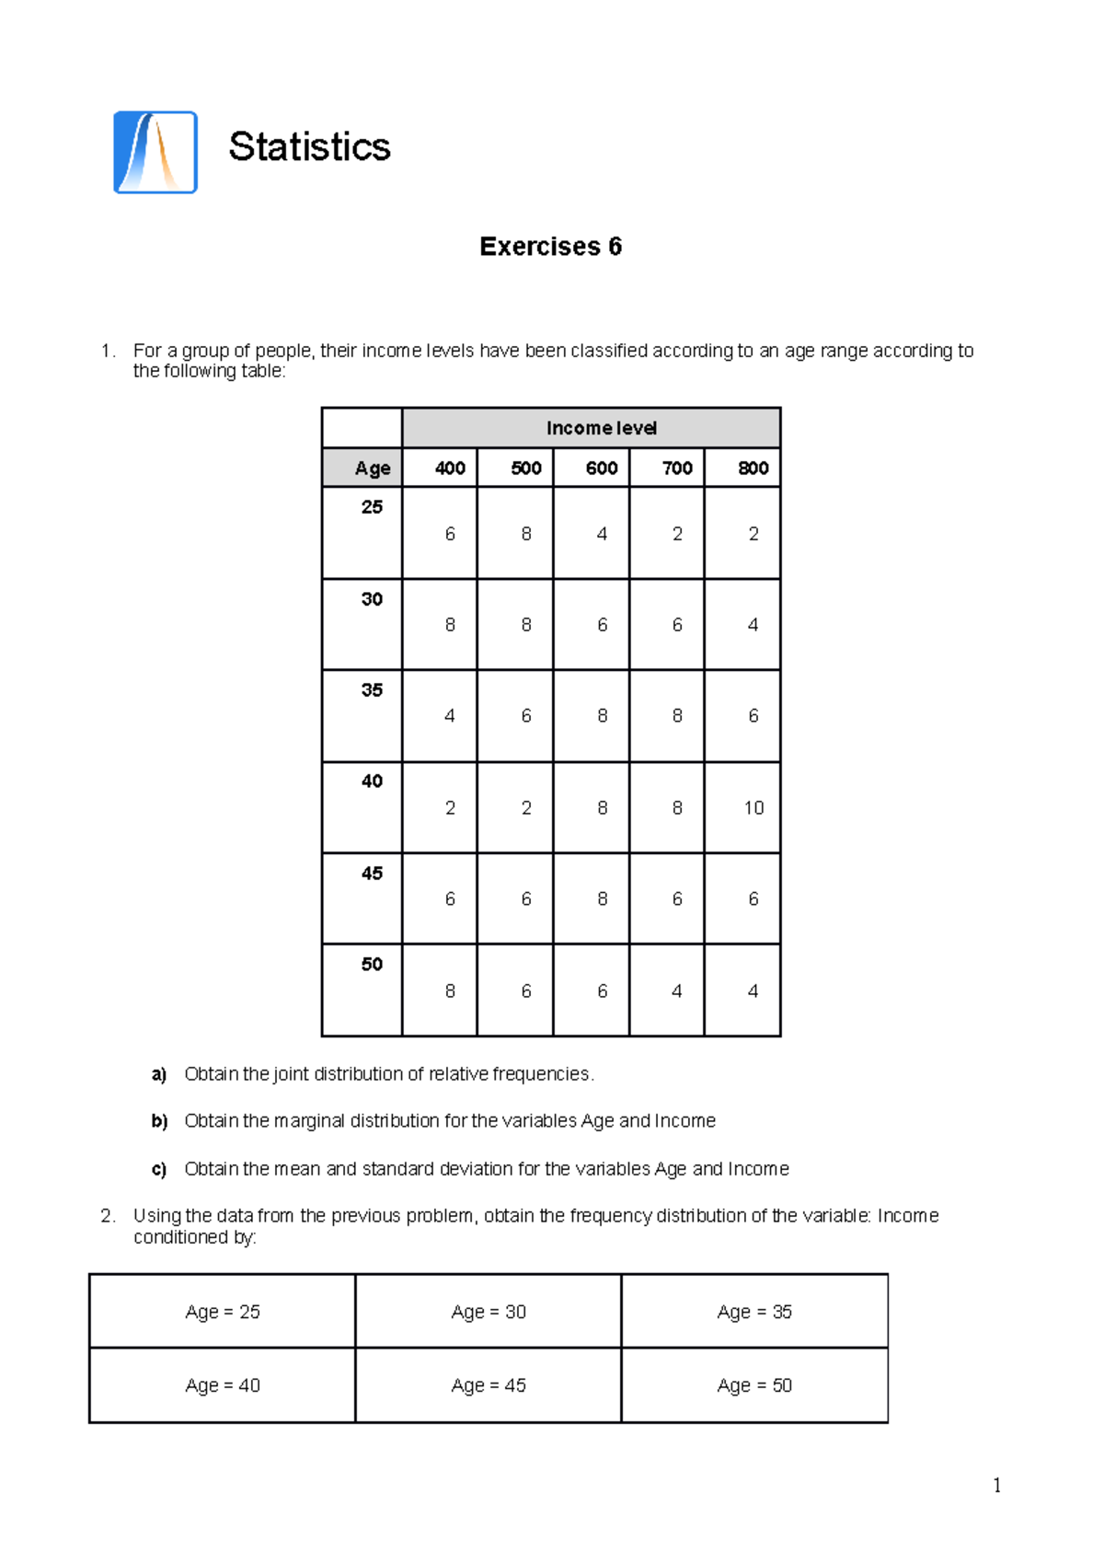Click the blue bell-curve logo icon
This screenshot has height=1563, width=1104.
[155, 153]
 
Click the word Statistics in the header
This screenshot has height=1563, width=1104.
[309, 147]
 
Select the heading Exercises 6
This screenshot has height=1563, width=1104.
[550, 247]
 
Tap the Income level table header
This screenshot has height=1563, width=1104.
[601, 428]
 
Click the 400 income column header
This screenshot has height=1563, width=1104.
[450, 468]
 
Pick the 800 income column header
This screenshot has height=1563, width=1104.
[753, 468]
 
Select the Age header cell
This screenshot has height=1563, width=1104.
[372, 468]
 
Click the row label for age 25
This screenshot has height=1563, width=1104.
[372, 507]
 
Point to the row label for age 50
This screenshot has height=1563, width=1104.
[372, 964]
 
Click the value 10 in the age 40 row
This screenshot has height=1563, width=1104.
[753, 807]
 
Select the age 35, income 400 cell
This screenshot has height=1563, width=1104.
[450, 715]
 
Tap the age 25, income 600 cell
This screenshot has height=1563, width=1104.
[602, 534]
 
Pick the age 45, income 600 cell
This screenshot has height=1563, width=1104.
[602, 898]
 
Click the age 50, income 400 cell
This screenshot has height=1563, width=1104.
[450, 990]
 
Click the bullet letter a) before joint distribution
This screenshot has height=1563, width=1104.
[159, 1074]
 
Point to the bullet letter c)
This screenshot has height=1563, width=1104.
[159, 1169]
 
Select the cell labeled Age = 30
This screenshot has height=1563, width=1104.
[489, 1312]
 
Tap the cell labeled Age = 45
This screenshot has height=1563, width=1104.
[489, 1385]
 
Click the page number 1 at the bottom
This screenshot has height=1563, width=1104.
[996, 1485]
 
